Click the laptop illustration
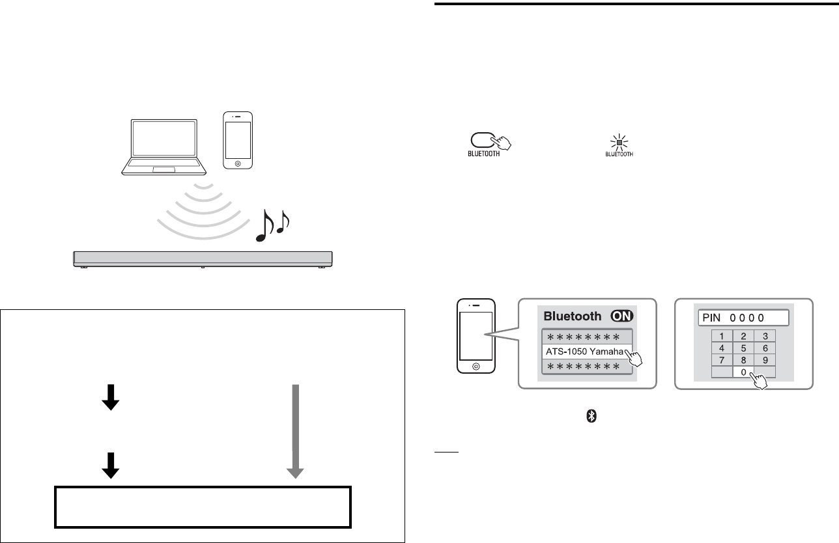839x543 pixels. (164, 147)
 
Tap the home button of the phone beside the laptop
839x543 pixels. (237, 163)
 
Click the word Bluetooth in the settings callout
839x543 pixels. (572, 316)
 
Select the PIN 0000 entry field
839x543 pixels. (743, 318)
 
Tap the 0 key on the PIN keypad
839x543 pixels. (743, 372)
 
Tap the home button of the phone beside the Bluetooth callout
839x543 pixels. (477, 367)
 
